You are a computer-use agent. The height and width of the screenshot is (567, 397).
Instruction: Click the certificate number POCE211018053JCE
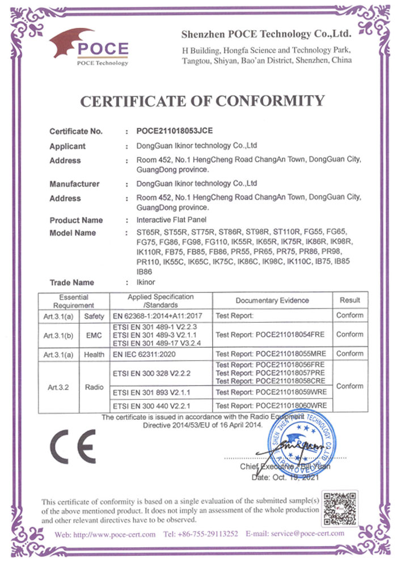click(x=170, y=131)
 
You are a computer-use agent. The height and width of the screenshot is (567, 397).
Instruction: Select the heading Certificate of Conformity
click(x=202, y=101)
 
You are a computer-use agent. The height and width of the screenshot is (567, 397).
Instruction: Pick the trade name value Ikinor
click(x=146, y=282)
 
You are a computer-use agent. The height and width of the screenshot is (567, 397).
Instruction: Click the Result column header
click(x=349, y=300)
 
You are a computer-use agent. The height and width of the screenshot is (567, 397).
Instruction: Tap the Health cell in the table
click(x=94, y=354)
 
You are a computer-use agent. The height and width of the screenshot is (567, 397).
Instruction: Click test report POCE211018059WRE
click(x=272, y=392)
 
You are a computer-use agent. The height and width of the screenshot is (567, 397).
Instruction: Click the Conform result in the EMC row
click(x=349, y=335)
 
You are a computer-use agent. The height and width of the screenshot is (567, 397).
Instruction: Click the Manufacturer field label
click(x=74, y=184)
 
